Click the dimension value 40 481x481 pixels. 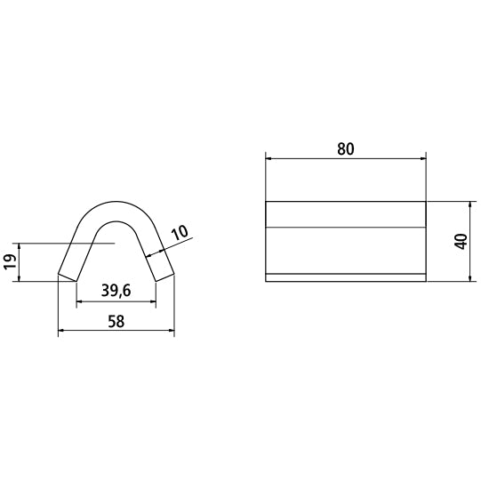click(x=460, y=242)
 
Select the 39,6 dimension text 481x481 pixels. click(x=116, y=291)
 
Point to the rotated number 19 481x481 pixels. click(x=10, y=262)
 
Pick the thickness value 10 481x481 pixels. click(x=178, y=233)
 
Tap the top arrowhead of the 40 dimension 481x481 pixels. click(x=469, y=204)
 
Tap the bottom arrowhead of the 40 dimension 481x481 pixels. click(x=469, y=278)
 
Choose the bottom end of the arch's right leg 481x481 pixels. click(x=164, y=278)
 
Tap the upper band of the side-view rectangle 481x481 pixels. click(x=346, y=214)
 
